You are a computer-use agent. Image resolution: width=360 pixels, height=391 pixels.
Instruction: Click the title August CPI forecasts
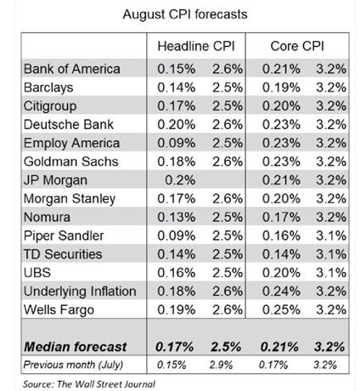185,14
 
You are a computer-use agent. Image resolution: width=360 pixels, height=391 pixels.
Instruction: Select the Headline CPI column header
196,46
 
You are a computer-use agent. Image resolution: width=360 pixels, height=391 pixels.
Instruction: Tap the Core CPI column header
297,46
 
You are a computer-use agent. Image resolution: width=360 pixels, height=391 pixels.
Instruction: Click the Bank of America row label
72,69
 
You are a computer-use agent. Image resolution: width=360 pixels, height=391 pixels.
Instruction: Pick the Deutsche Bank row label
69,124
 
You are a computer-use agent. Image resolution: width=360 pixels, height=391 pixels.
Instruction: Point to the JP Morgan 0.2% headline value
180,180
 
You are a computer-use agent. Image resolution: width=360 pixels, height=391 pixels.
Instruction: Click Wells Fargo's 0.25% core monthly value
281,309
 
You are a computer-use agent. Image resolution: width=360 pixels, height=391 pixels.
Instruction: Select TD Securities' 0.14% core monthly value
281,254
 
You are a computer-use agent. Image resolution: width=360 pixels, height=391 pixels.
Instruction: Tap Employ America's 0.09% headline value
176,143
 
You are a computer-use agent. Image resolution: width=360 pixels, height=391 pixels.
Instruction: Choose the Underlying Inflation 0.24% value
281,291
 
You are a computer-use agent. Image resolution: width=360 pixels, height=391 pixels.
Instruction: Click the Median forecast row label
76,347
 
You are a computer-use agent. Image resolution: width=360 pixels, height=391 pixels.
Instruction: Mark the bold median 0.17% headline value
174,347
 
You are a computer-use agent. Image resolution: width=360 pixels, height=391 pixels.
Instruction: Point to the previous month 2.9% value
221,365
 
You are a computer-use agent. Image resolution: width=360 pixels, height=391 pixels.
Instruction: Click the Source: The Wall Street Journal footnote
89,384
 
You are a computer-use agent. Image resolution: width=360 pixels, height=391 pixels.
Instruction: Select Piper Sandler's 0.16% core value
281,235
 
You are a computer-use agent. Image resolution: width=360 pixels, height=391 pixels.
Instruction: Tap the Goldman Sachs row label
70,161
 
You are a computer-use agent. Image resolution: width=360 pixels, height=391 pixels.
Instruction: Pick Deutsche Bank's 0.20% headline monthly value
176,124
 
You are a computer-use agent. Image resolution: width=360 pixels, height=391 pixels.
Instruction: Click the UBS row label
37,273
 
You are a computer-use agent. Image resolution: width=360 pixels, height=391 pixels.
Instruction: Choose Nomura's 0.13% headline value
176,217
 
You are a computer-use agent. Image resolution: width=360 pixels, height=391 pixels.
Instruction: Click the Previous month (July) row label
73,365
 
